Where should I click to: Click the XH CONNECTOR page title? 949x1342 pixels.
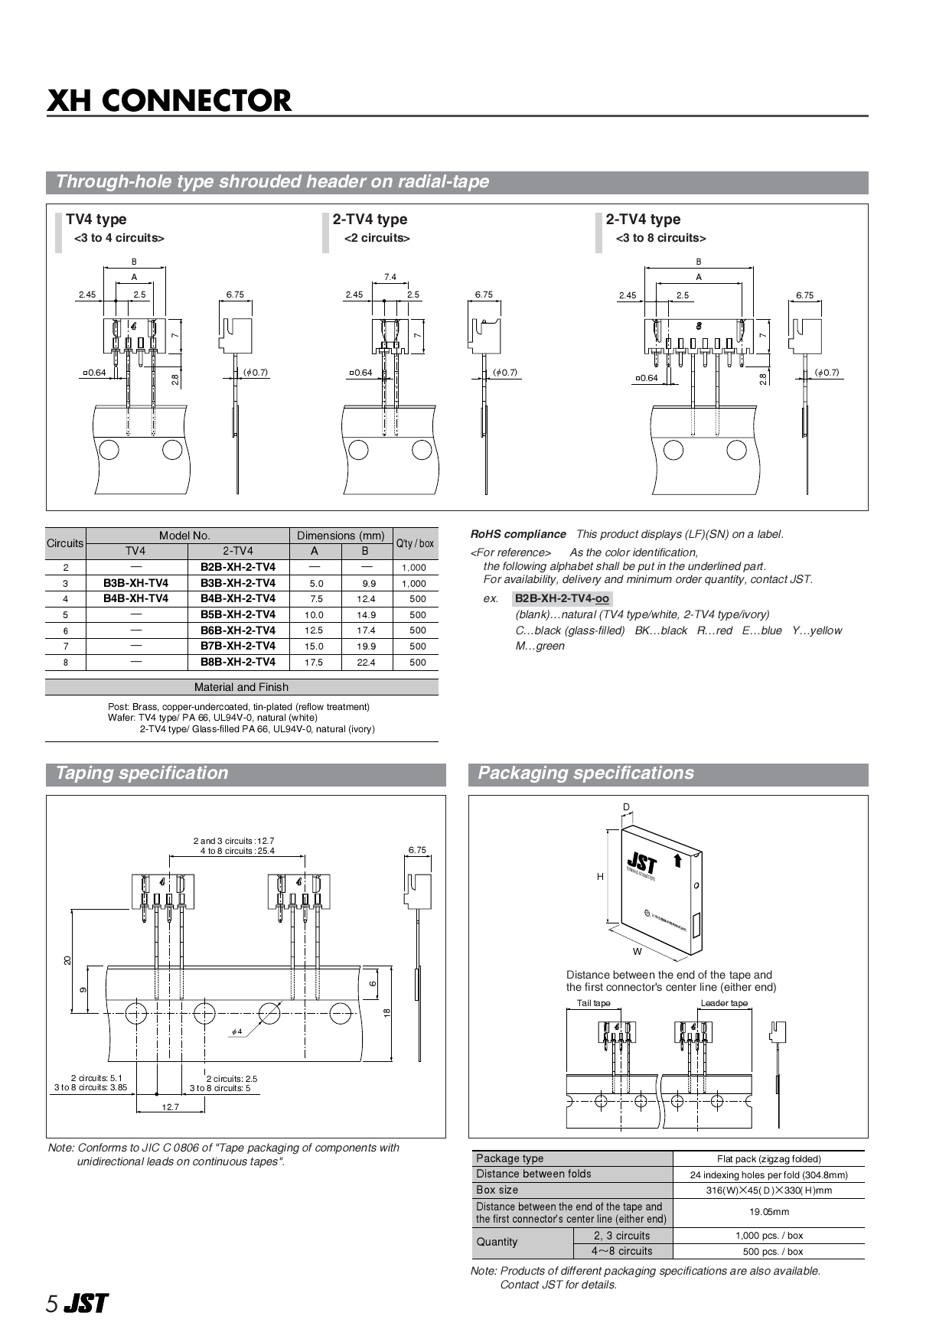169,100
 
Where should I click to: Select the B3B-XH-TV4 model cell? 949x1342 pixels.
135,583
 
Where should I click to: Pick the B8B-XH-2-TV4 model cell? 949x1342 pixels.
238,662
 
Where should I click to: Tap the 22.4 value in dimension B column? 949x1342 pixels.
366,663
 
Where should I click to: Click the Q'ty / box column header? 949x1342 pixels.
415,543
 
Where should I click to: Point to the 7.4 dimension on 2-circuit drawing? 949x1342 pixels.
390,277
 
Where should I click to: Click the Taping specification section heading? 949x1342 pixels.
142,773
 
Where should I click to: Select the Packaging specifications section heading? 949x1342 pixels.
585,773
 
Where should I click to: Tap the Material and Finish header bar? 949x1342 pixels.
241,687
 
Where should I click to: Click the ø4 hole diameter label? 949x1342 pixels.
236,1031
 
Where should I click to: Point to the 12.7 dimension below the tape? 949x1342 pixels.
170,1107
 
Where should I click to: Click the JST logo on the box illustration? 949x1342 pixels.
641,864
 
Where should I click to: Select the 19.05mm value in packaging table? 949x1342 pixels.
768,1212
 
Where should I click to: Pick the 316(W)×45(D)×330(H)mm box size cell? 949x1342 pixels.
768,1191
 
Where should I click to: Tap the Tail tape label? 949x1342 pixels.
593,1003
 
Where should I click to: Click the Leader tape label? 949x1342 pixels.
724,1003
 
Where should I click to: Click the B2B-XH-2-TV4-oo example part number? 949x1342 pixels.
562,598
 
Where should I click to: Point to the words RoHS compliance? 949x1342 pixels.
518,534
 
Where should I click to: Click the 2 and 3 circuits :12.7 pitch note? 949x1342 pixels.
233,841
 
